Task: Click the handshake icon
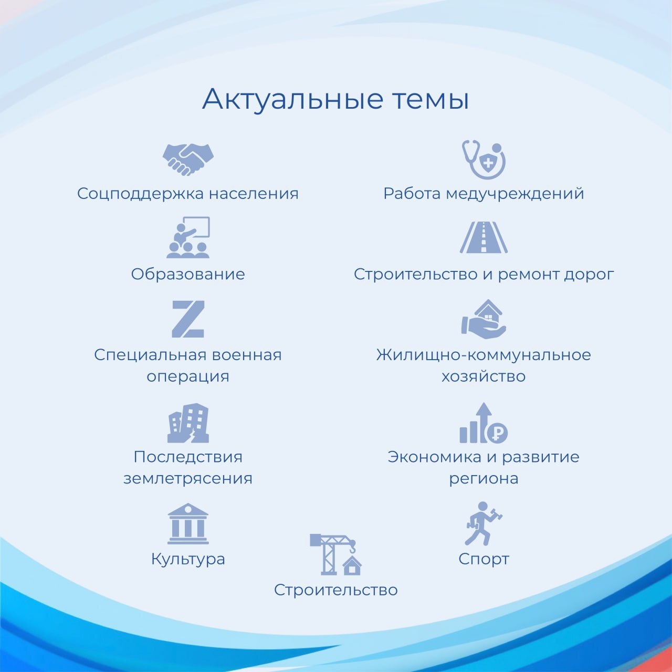pos(188,159)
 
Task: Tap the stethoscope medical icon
pos(484,160)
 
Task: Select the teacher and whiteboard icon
pos(188,237)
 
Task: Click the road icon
pos(484,237)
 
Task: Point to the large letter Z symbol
pos(188,319)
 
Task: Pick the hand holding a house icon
pos(484,319)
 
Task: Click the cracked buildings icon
pos(188,423)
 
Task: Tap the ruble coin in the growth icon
pos(497,434)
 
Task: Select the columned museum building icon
pos(188,524)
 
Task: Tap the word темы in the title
pos(430,100)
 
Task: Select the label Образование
pos(188,274)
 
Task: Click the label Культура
pos(188,559)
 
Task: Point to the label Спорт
pos(484,559)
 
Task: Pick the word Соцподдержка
pos(140,194)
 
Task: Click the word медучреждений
pos(514,194)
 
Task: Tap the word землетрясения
pos(188,479)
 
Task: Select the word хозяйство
pos(484,376)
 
